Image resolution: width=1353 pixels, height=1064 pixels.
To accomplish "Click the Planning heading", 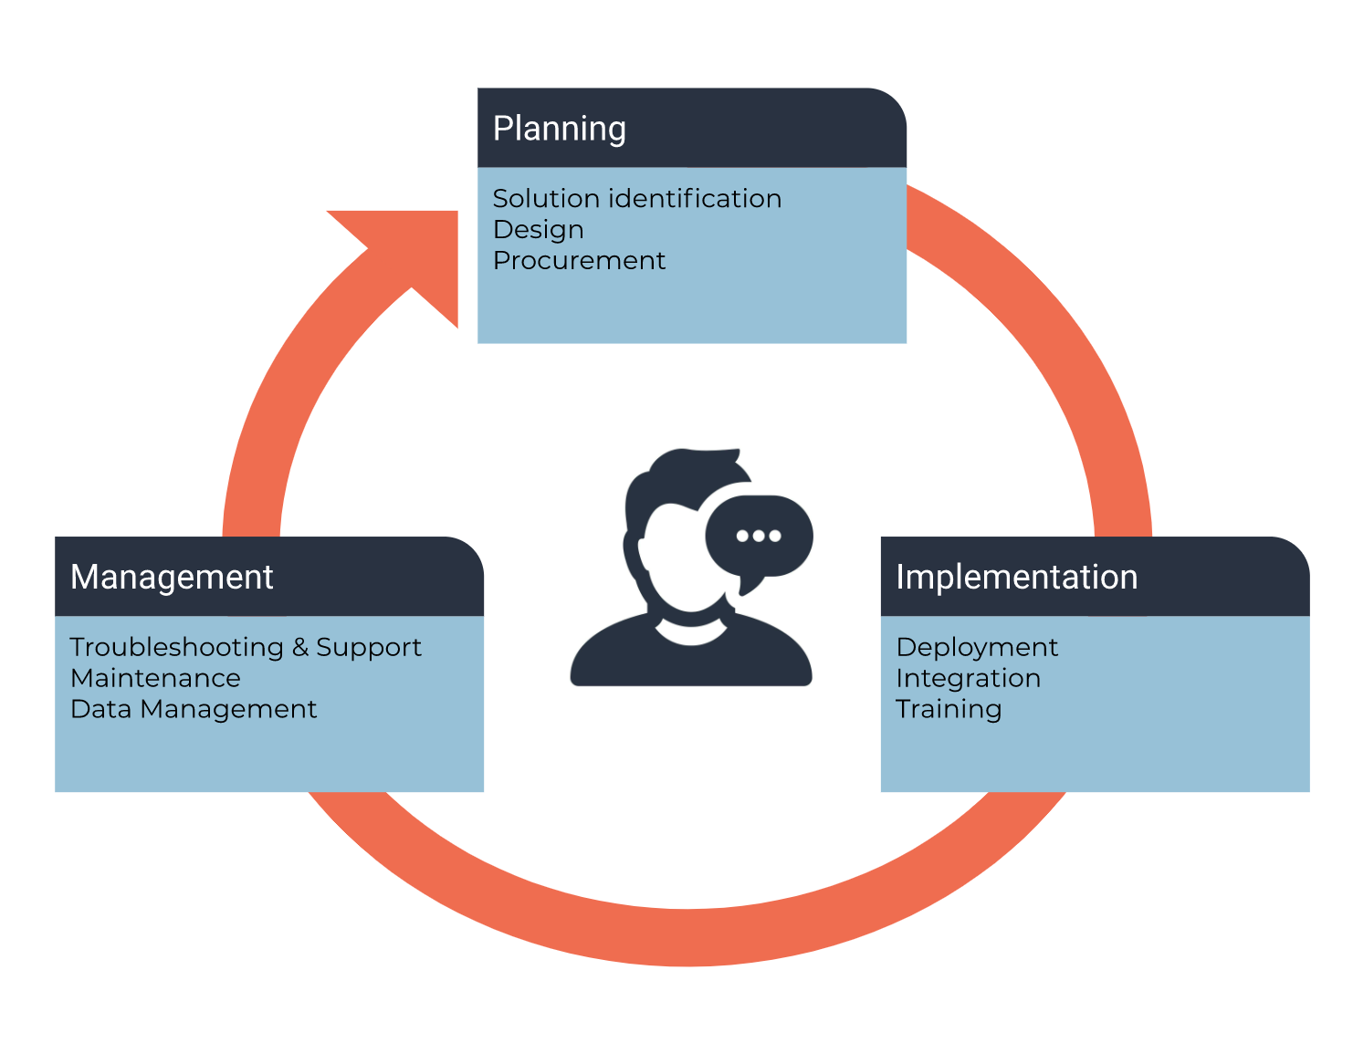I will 559,129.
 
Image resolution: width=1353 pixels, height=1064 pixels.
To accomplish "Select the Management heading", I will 172,578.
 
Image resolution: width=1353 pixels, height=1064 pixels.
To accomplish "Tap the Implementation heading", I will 1016,578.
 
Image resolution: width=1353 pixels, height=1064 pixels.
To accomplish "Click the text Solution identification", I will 636,199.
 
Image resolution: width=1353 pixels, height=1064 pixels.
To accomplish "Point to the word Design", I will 538,230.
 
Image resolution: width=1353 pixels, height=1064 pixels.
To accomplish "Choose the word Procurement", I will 579,261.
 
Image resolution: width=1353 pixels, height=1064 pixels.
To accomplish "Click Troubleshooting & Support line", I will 245,648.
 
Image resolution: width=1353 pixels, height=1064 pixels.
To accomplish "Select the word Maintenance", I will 155,679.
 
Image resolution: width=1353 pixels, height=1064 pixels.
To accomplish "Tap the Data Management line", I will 194,710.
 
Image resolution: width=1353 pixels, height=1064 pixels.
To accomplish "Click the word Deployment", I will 977,648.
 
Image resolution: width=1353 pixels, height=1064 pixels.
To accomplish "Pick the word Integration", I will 968,679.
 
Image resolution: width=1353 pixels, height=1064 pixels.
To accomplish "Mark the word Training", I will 949,710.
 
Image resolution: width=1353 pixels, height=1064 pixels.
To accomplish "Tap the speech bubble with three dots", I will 759,538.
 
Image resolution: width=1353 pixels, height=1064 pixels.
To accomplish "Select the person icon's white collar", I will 691,633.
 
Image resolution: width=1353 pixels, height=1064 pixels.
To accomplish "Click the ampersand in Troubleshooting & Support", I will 300,648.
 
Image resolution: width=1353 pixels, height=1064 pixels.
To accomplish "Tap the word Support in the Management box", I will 369,648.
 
